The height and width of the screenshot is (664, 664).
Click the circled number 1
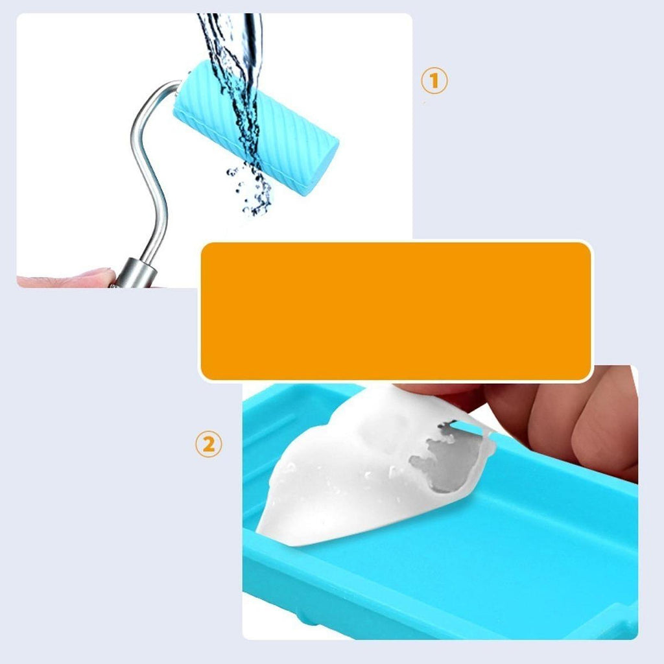(434, 80)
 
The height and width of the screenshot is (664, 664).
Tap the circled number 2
(208, 444)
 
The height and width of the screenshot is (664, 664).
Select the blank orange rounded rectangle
(396, 311)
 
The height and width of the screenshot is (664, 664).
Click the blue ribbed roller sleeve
(255, 127)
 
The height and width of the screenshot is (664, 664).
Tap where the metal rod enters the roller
(178, 85)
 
